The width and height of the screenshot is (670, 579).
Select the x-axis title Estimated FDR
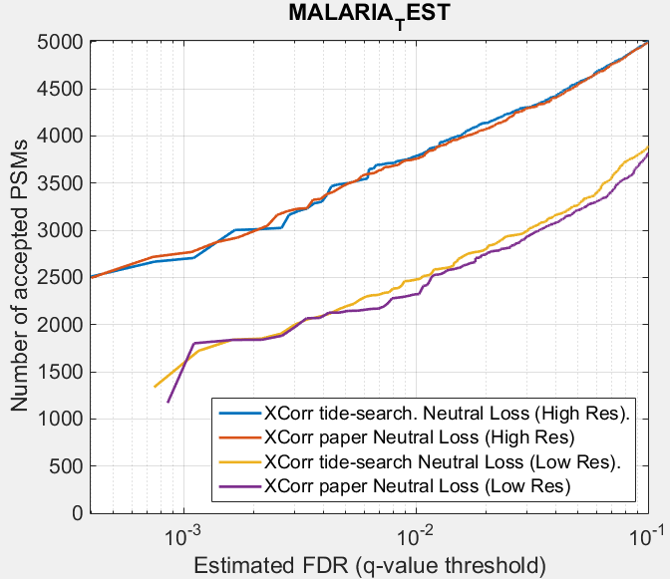[369, 565]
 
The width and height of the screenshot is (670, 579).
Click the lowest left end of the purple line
[167, 402]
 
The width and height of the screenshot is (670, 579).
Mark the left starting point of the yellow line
[155, 387]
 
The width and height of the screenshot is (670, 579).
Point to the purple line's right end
[648, 153]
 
